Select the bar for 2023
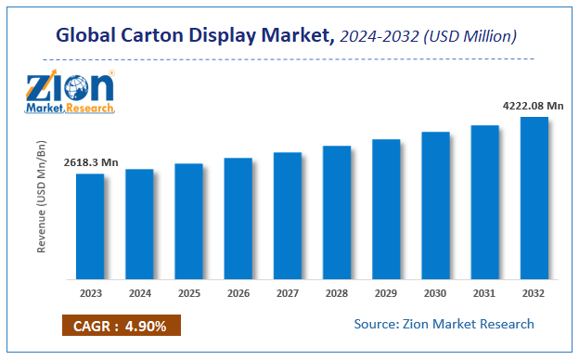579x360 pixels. pyautogui.click(x=90, y=226)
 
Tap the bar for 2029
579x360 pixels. pyautogui.click(x=386, y=210)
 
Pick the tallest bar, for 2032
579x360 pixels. pyautogui.click(x=534, y=198)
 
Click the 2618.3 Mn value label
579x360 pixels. pyautogui.click(x=91, y=162)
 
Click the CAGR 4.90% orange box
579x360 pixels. pyautogui.click(x=121, y=325)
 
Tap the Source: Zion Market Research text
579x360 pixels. pyautogui.click(x=444, y=324)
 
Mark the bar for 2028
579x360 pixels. pyautogui.click(x=337, y=212)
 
